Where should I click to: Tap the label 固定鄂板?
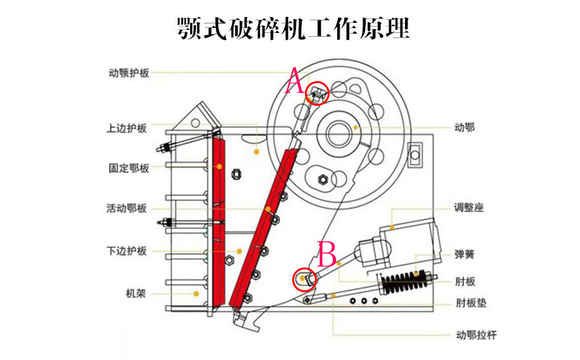point(129,169)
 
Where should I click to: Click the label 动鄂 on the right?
point(465,128)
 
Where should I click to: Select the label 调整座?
point(469,207)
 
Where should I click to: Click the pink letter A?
point(293,82)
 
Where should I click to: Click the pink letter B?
point(327,255)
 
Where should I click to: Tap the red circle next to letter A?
point(318,94)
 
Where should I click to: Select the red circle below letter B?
point(304,279)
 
